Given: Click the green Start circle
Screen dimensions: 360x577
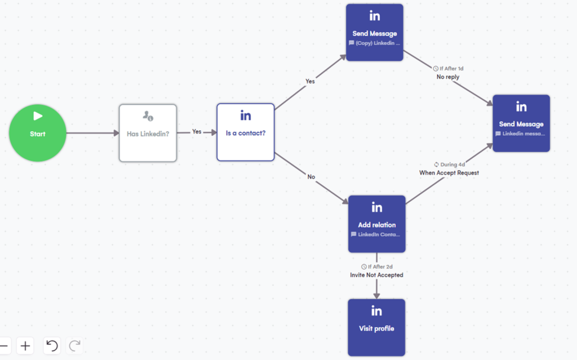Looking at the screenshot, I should click(x=37, y=133).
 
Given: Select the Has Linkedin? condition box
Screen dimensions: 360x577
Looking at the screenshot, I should click(x=148, y=132).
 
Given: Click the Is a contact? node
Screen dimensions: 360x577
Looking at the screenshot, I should click(x=246, y=132).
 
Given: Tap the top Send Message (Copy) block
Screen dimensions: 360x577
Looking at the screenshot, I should click(x=375, y=33).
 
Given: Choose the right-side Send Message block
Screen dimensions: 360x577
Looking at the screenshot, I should click(x=521, y=123).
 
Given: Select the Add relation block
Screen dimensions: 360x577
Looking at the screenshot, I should click(x=376, y=224).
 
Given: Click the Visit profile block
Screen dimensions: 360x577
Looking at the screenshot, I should click(x=376, y=327).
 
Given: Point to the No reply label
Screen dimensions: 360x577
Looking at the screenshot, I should click(x=448, y=77).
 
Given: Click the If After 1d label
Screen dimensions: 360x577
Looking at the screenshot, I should click(x=449, y=69).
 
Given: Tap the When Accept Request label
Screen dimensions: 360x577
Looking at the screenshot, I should click(x=449, y=173).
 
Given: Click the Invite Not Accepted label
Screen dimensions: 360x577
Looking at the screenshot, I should click(x=376, y=275).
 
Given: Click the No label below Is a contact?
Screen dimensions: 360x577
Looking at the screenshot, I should click(x=311, y=177).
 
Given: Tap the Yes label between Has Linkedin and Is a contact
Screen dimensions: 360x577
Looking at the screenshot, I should click(x=197, y=132).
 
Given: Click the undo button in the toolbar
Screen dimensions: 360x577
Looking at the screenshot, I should click(x=52, y=345).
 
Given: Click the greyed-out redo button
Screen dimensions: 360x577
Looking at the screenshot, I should click(x=75, y=345).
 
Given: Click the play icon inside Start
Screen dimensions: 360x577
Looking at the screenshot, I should click(x=38, y=116).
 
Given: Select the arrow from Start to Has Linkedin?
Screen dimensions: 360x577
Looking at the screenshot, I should click(x=92, y=134).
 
